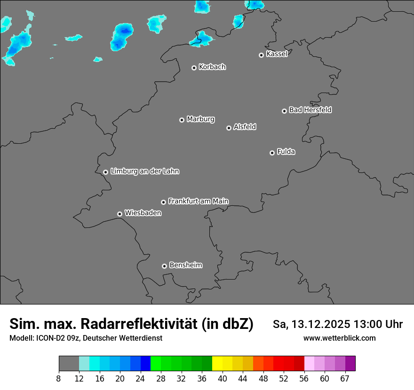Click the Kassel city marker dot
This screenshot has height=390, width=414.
click(262, 55)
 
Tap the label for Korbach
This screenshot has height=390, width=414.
click(212, 67)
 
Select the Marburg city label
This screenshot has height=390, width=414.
click(200, 119)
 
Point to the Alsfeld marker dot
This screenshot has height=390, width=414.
click(229, 128)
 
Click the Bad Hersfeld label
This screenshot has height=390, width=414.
click(310, 110)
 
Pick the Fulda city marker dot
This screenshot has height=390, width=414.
click(272, 153)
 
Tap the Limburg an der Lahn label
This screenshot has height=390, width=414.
click(144, 172)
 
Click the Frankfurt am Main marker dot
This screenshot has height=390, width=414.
click(164, 203)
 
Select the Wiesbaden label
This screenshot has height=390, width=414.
click(143, 213)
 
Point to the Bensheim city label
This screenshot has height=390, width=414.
click(185, 265)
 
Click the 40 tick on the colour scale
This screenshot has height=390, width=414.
click(223, 379)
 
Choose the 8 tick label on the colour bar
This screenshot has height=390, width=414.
click(59, 379)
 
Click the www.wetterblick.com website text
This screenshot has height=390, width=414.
click(339, 338)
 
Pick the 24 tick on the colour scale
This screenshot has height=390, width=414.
click(140, 379)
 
